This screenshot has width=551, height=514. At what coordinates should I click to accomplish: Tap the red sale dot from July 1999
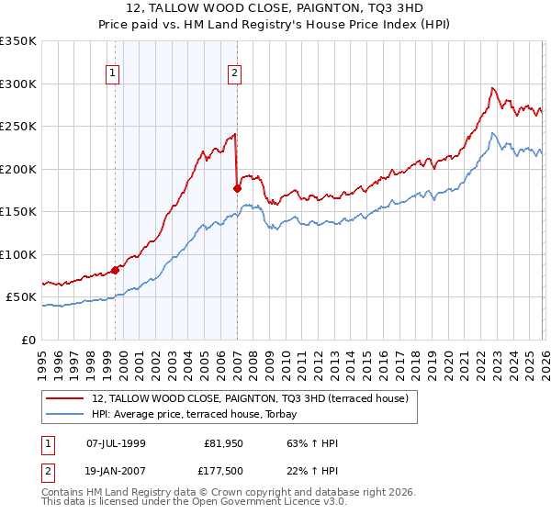(116, 270)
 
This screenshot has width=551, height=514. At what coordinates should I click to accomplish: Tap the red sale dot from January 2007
(238, 188)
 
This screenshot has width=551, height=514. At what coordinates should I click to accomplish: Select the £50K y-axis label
(22, 297)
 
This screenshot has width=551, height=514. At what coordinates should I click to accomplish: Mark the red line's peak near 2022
(492, 88)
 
